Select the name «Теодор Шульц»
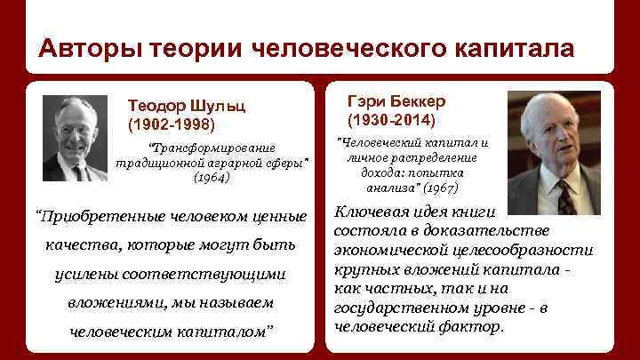[186, 105]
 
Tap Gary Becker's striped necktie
[564, 198]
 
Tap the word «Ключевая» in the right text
[371, 212]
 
